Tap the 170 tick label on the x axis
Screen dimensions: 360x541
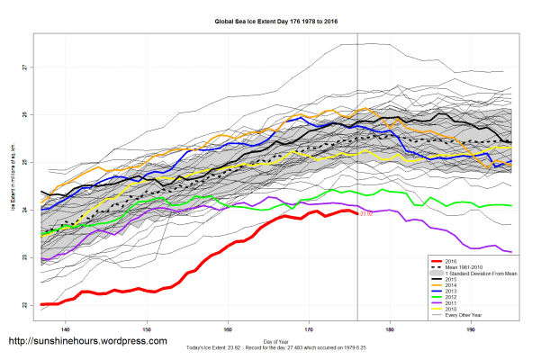pos(310,329)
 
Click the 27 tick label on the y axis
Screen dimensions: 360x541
pos(26,67)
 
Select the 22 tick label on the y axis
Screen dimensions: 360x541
pos(26,305)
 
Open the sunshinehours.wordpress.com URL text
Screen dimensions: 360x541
pos(87,341)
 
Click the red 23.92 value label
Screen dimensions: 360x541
pos(365,214)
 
